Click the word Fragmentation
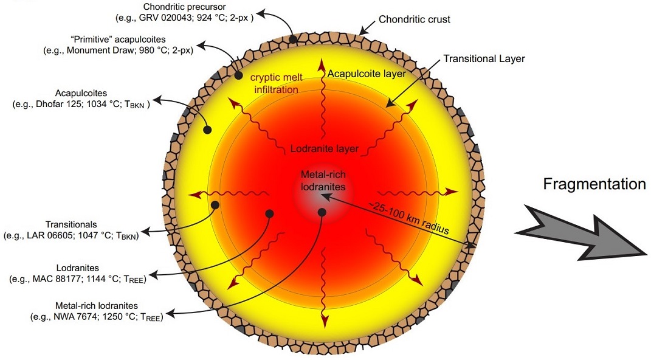tap(594, 184)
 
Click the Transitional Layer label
tap(484, 59)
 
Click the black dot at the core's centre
tap(322, 212)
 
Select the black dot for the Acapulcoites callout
tap(207, 130)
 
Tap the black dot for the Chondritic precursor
tap(293, 40)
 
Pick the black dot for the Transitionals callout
tap(215, 205)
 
